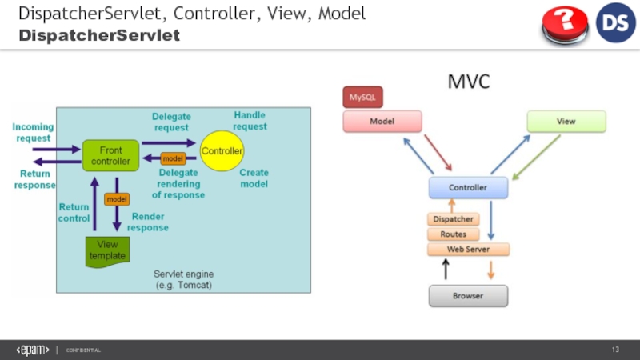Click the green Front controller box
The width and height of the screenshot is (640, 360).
[x=110, y=155]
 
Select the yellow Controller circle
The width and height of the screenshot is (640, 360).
[x=222, y=150]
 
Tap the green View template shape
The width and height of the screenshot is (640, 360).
[x=107, y=250]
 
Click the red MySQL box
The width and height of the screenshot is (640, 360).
[x=363, y=98]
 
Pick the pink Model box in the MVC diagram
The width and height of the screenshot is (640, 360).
[x=382, y=121]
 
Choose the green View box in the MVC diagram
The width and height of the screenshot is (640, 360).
[x=566, y=121]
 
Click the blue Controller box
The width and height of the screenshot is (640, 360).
[x=467, y=188]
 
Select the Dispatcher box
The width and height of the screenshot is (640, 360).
[x=453, y=219]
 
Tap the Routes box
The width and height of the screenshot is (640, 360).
[x=453, y=234]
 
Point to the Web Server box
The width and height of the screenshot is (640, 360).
[x=467, y=250]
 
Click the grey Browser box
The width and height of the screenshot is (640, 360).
[x=467, y=296]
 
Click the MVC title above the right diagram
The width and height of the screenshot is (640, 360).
[x=468, y=82]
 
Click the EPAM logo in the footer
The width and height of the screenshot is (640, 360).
[x=33, y=350]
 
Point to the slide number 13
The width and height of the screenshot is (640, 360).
[x=616, y=350]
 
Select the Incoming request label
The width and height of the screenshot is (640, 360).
[x=34, y=132]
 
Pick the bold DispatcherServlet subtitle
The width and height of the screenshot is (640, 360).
[x=99, y=36]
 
